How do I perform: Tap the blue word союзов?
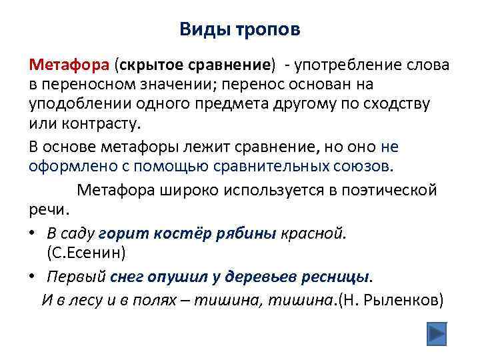click(366, 166)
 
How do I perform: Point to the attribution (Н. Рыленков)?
click(390, 299)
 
